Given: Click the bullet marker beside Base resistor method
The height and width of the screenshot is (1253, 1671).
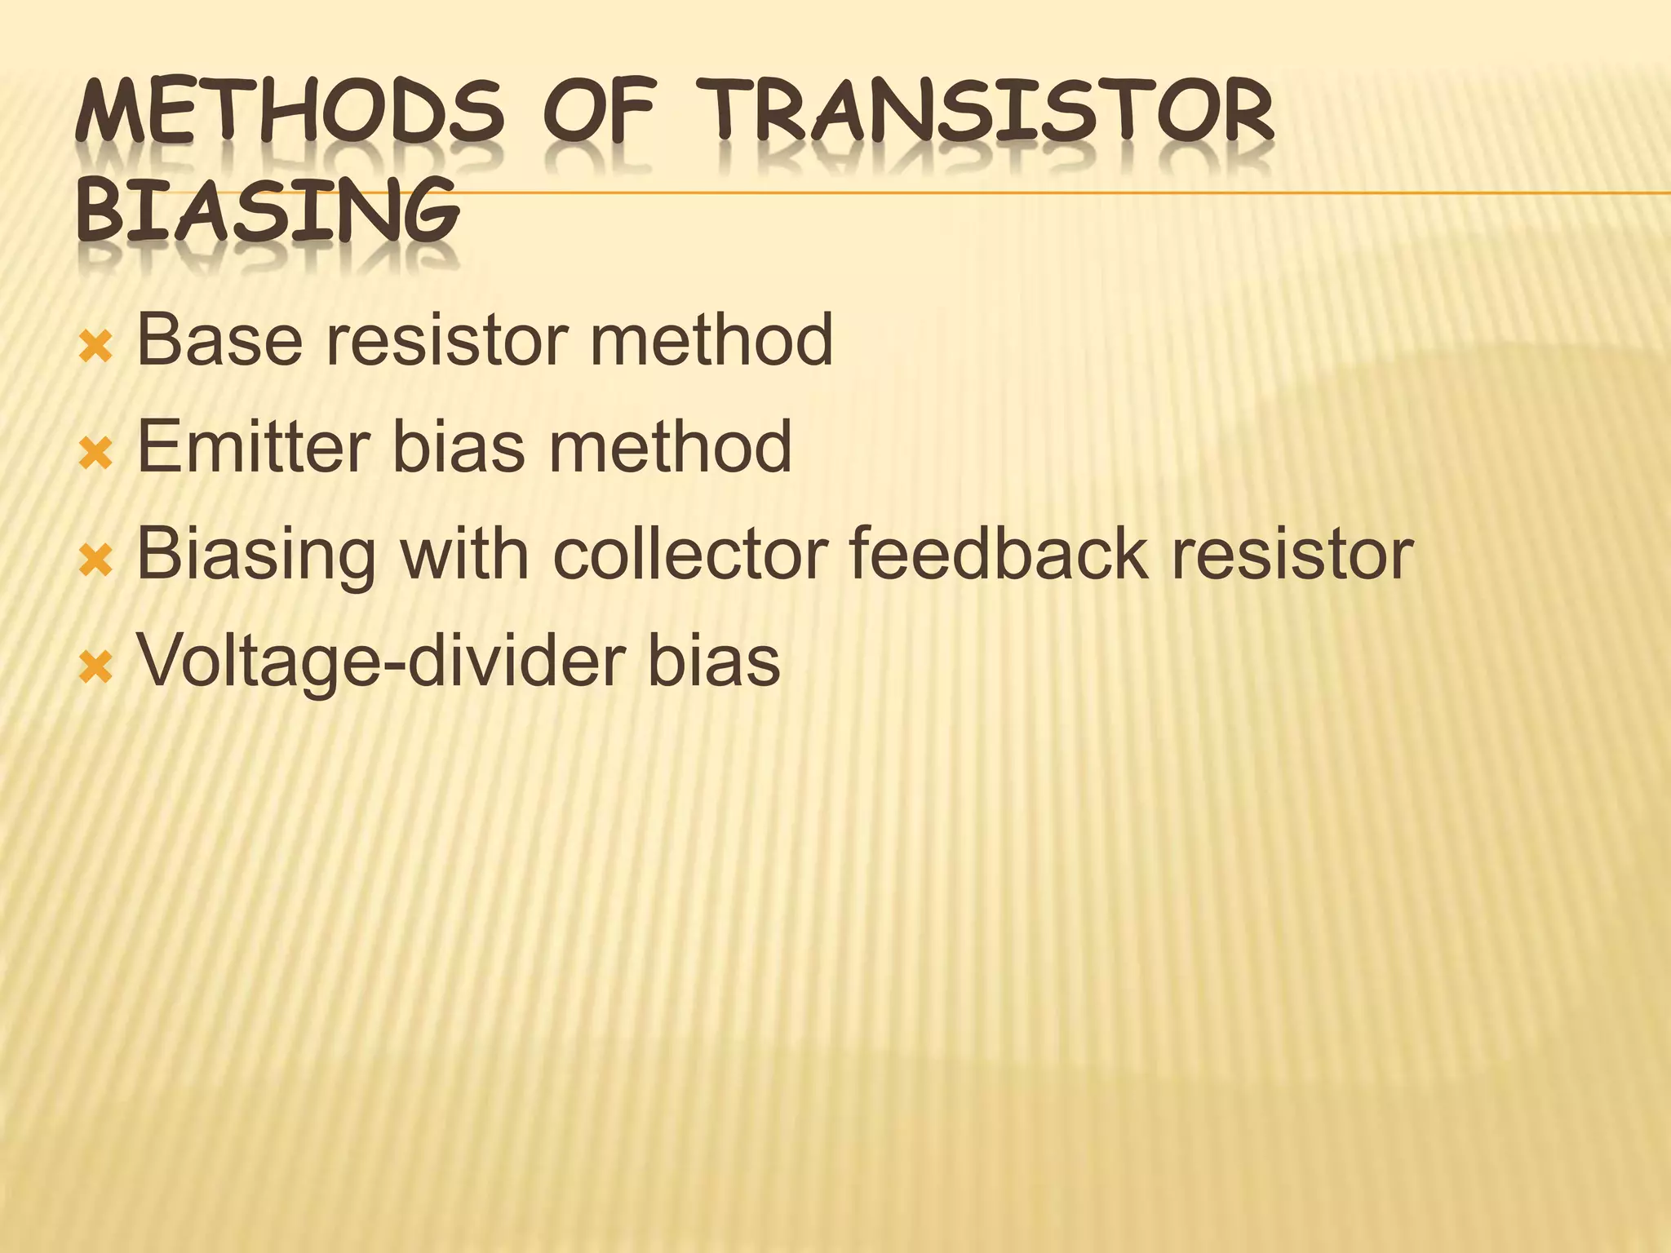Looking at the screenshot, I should (x=95, y=348).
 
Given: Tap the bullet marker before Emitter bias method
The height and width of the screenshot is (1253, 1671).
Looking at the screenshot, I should (x=95, y=455).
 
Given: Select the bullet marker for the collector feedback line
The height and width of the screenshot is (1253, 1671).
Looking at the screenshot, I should (x=95, y=562).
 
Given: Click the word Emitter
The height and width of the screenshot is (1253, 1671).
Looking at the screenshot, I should (x=252, y=446).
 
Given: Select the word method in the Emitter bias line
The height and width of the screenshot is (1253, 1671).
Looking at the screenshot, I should (x=670, y=446).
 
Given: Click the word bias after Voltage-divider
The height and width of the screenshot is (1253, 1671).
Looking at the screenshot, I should (x=714, y=661).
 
